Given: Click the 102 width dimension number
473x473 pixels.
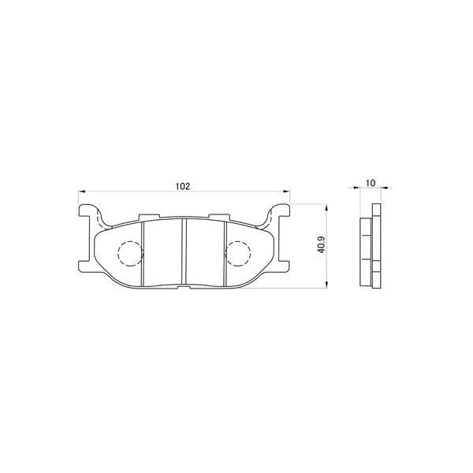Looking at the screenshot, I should tap(182, 187).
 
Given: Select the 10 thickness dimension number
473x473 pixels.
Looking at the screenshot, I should tap(371, 183).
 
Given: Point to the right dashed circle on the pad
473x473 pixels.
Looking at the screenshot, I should tap(237, 253).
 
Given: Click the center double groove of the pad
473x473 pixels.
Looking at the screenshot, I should tap(184, 251).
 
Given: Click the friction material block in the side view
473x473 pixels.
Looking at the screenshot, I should tap(367, 245).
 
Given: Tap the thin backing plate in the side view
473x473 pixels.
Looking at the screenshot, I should tap(376, 245).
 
